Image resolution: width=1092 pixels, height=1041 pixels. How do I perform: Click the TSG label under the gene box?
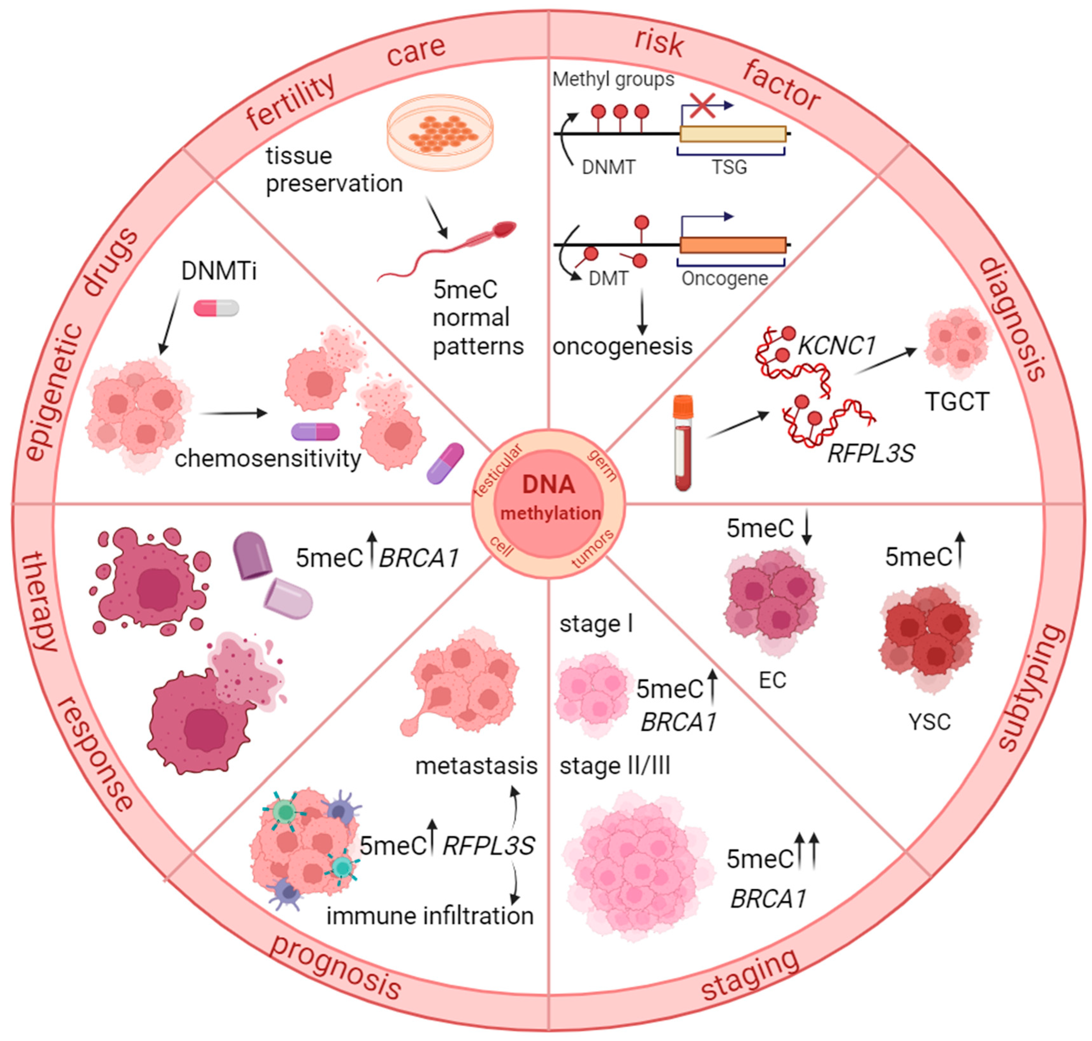click(730, 166)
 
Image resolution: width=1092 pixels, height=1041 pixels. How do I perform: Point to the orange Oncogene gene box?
click(732, 245)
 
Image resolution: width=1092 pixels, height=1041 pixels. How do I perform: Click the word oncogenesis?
click(622, 346)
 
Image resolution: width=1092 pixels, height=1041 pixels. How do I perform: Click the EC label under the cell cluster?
click(772, 680)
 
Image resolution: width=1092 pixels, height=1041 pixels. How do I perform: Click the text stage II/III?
click(615, 766)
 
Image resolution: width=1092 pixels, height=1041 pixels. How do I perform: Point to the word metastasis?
click(476, 766)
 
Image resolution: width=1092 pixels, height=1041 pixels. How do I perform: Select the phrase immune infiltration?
click(430, 916)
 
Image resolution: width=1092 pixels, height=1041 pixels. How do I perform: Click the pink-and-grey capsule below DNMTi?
click(216, 308)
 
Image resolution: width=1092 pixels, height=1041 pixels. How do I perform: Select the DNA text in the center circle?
click(548, 484)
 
